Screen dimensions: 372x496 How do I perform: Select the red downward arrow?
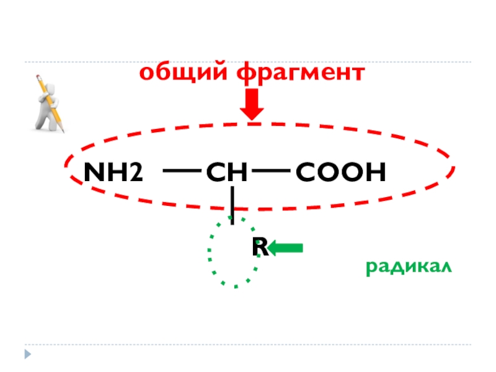[252, 105]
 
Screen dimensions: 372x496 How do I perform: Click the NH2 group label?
[112, 173]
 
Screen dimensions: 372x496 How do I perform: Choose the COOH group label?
[340, 173]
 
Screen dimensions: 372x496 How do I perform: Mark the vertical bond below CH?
[232, 205]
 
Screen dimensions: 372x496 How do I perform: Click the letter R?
[259, 247]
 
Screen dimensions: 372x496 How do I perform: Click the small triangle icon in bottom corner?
[27, 354]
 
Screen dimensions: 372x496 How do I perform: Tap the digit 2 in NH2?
[135, 174]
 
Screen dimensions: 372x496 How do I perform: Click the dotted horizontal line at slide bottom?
[248, 345]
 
